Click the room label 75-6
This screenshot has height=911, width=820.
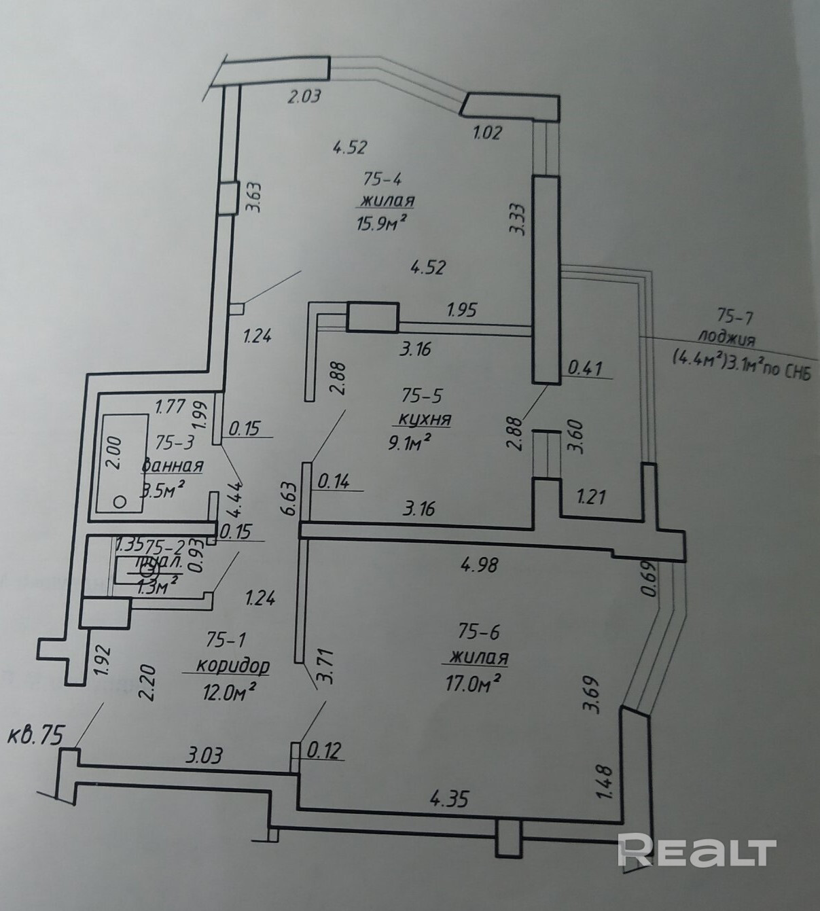(478, 632)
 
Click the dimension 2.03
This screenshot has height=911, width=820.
(304, 96)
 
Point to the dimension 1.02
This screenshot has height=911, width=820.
(486, 132)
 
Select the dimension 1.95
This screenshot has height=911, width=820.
(461, 310)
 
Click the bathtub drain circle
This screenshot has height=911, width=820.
(120, 501)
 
